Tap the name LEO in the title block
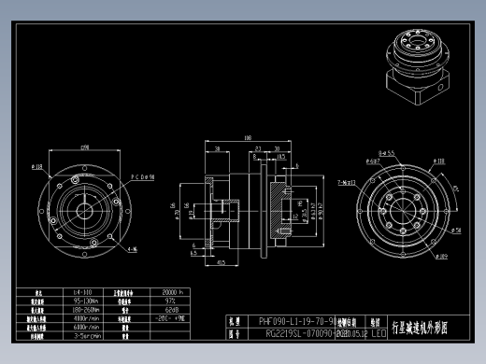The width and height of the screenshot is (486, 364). tap(379, 331)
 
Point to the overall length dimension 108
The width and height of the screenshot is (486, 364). tap(248, 138)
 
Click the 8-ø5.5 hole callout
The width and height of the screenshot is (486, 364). tap(384, 151)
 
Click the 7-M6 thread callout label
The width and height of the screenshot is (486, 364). tap(345, 183)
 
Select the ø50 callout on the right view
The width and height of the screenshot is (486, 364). tap(456, 228)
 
